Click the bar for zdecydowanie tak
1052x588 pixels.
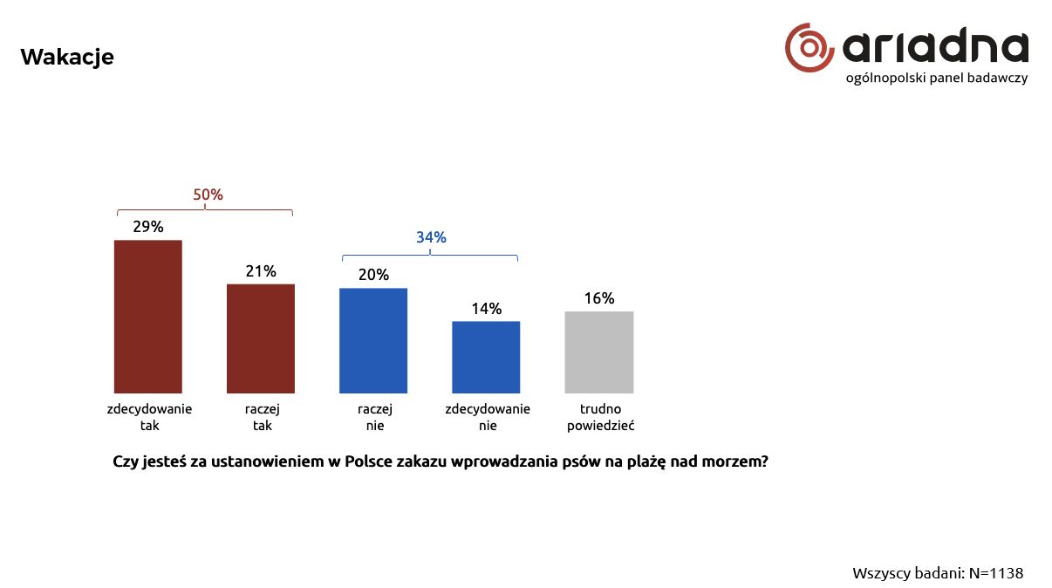(148, 316)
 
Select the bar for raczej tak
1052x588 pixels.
(261, 338)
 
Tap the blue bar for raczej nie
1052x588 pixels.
(373, 340)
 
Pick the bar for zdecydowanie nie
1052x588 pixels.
(486, 357)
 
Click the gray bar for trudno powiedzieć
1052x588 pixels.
(599, 352)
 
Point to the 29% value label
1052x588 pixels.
(148, 227)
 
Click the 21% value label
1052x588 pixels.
(261, 271)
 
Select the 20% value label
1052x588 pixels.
(373, 275)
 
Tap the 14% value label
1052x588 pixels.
(486, 309)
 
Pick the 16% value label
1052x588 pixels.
(599, 298)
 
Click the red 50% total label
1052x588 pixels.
(208, 195)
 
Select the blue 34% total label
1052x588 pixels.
(431, 237)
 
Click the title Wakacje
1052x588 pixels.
(67, 57)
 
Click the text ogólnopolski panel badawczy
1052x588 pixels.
(937, 78)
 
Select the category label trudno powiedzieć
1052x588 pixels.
(599, 417)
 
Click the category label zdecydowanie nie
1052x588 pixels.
(488, 417)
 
